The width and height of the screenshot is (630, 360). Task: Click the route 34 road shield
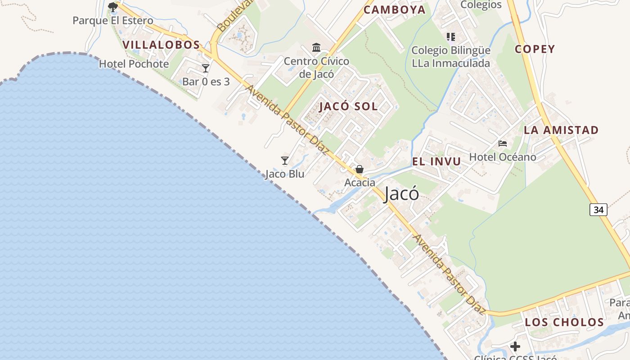(598, 210)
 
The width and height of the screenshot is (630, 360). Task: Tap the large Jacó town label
(401, 194)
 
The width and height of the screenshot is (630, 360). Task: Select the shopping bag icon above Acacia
(360, 170)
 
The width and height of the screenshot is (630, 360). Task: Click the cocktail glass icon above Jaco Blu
(284, 161)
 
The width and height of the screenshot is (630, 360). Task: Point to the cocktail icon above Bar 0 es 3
(206, 68)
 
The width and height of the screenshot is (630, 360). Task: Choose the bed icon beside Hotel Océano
(503, 144)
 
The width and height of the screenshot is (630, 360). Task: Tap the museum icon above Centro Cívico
(316, 47)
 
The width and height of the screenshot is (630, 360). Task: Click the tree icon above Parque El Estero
(112, 7)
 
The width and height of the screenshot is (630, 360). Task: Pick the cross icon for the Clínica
(515, 346)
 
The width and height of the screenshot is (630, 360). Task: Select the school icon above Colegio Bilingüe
(450, 36)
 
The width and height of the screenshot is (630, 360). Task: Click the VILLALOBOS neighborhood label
(161, 45)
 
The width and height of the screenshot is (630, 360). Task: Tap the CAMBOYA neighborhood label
(394, 10)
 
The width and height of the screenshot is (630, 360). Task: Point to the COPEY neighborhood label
(535, 49)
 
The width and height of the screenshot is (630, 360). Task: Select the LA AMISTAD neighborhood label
(561, 130)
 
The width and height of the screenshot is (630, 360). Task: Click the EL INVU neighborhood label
(436, 162)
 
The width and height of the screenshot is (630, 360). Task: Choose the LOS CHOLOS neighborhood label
(564, 322)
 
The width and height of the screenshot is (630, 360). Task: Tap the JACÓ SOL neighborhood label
(349, 107)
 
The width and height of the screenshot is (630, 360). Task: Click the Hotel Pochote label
(134, 64)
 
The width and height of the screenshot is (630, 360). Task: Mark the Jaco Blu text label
(285, 174)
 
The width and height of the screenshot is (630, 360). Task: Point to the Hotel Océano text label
(503, 157)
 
